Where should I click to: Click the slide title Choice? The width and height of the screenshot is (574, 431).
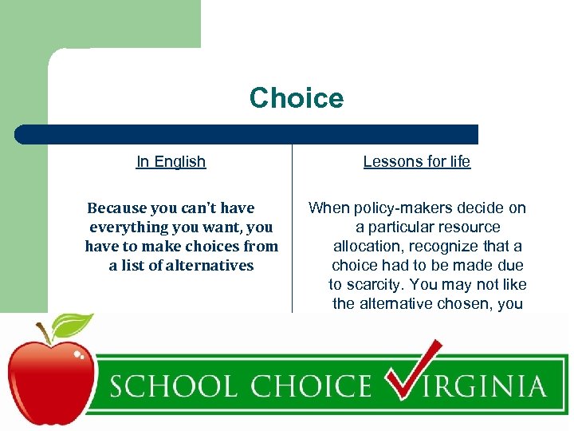[297, 98]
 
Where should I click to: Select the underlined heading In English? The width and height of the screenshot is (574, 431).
[171, 161]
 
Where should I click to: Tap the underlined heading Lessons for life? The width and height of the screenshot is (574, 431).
[416, 161]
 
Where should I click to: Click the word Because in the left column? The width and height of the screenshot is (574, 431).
[116, 208]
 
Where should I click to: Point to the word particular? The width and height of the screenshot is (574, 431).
[402, 227]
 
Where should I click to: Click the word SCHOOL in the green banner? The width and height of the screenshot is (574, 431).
[171, 387]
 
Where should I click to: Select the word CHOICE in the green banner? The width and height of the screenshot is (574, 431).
[306, 387]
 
